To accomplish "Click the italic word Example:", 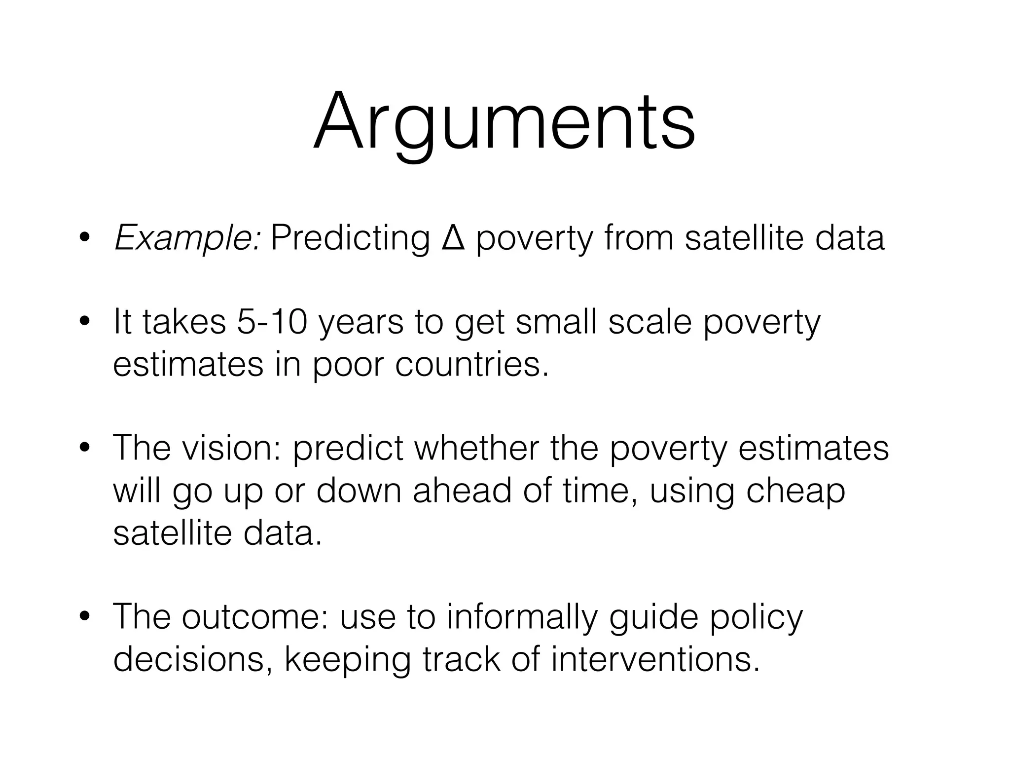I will pyautogui.click(x=187, y=239).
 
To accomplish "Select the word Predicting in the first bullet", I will pyautogui.click(x=351, y=239).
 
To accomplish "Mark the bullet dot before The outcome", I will pyautogui.click(x=85, y=617).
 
